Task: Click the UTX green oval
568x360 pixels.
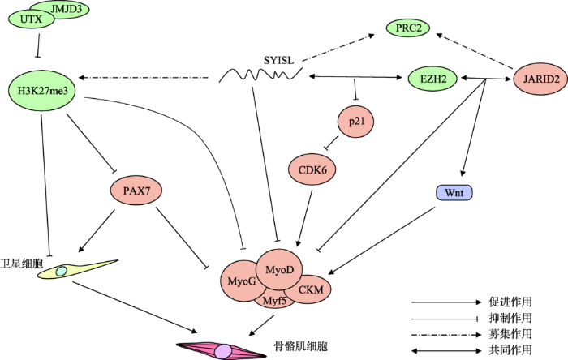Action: pyautogui.click(x=31, y=19)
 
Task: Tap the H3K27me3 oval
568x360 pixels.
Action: pyautogui.click(x=43, y=91)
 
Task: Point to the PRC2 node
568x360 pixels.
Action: pyautogui.click(x=408, y=28)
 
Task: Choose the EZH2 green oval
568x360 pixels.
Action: pyautogui.click(x=432, y=79)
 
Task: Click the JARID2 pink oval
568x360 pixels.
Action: pyautogui.click(x=541, y=79)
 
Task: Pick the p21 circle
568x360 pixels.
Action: pyautogui.click(x=356, y=122)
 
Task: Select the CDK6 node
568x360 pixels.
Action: pyautogui.click(x=312, y=169)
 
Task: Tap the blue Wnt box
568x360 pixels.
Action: pyautogui.click(x=454, y=192)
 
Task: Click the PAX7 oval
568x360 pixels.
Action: pyautogui.click(x=136, y=191)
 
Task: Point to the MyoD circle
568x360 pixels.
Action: pyautogui.click(x=279, y=269)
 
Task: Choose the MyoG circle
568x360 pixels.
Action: pyautogui.click(x=241, y=281)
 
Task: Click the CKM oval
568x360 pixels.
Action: pyautogui.click(x=310, y=289)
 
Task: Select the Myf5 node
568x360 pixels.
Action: pyautogui.click(x=274, y=299)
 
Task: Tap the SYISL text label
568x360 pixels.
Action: pyautogui.click(x=278, y=60)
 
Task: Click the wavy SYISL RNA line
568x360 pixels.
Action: pyautogui.click(x=260, y=75)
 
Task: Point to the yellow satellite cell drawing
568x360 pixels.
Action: pyautogui.click(x=78, y=269)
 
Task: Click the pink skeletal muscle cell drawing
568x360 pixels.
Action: pyautogui.click(x=222, y=350)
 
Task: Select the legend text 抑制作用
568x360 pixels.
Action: pyautogui.click(x=510, y=318)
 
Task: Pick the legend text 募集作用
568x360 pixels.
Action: pyautogui.click(x=510, y=334)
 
